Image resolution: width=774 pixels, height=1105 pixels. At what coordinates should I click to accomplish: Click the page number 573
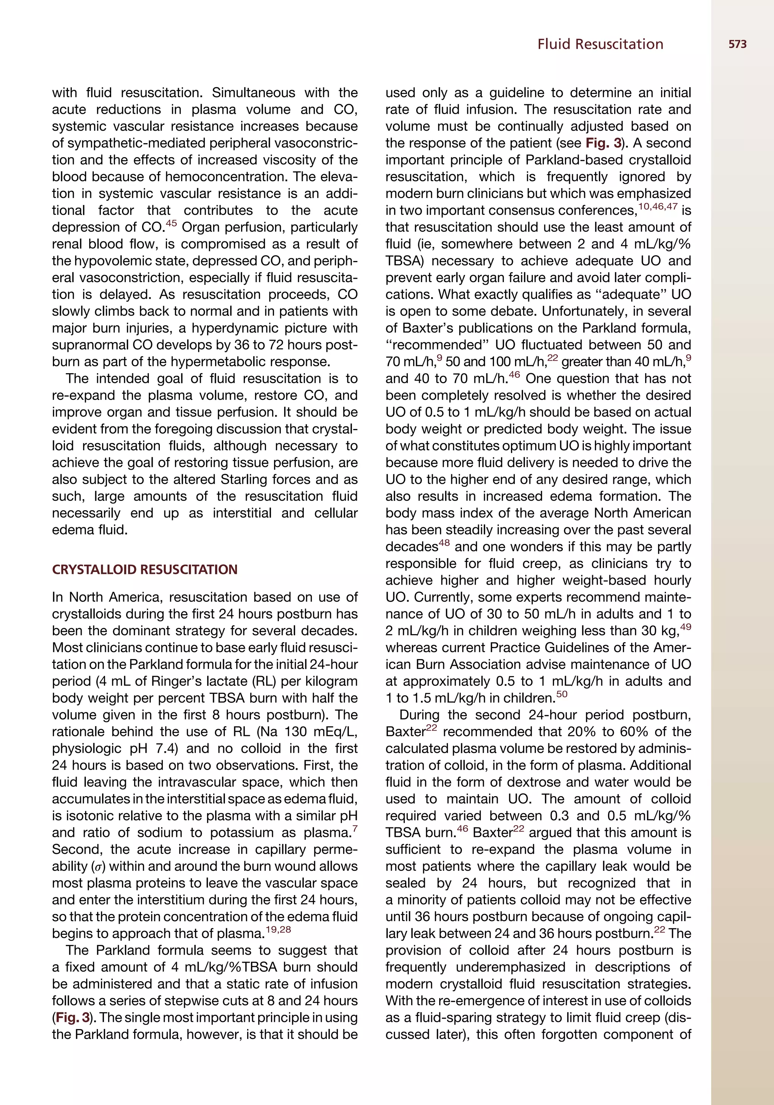[x=737, y=44]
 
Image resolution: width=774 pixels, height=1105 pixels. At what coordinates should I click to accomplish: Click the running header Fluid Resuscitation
[x=600, y=44]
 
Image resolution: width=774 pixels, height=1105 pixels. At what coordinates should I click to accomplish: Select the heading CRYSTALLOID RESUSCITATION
[x=144, y=569]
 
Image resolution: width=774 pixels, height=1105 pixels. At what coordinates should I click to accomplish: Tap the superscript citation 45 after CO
[x=172, y=223]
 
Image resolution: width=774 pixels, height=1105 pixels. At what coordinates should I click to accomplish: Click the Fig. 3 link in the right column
[x=603, y=144]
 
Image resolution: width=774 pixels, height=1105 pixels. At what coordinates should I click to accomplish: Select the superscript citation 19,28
[x=279, y=929]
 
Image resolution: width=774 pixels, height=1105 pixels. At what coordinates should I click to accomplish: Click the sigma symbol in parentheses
[x=97, y=867]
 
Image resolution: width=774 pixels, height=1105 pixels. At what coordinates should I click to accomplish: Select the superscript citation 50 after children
[x=562, y=694]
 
